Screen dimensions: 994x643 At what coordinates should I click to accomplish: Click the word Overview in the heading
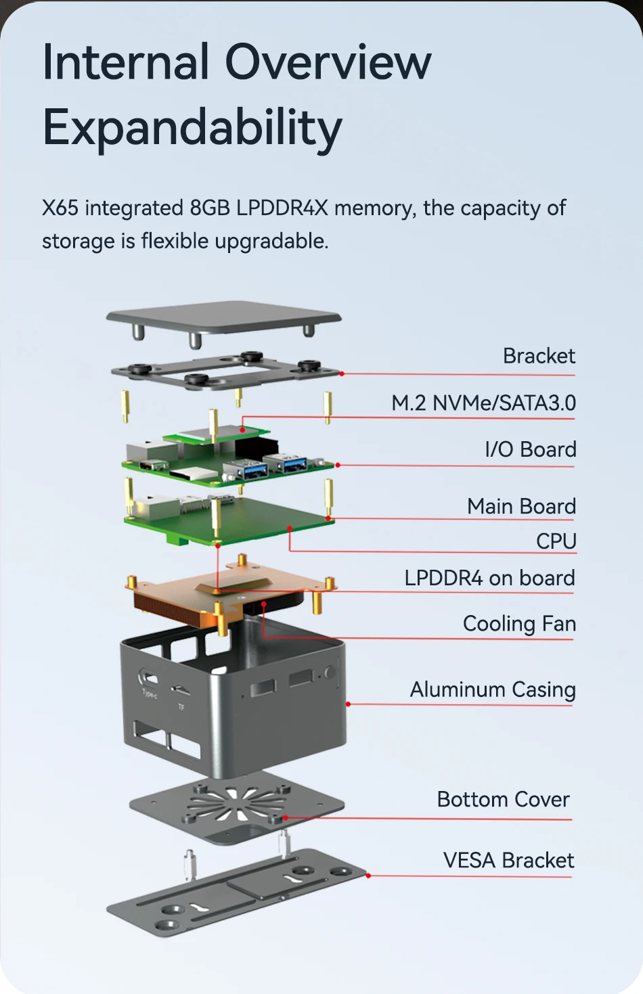(328, 62)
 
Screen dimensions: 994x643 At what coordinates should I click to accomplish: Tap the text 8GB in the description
(210, 208)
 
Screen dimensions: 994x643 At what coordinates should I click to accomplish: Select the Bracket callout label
(539, 356)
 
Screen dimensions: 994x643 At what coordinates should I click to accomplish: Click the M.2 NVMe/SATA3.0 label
(483, 403)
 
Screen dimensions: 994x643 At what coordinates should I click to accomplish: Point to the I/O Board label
(531, 449)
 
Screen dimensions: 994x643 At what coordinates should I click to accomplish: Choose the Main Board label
(521, 506)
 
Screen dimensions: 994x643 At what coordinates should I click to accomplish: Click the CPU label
(556, 541)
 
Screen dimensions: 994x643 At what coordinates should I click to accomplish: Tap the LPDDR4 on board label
(489, 578)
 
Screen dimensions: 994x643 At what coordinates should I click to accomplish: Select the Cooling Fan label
(519, 623)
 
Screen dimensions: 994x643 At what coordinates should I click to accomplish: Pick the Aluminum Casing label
(493, 690)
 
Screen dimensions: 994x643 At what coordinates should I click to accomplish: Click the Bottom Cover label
(503, 799)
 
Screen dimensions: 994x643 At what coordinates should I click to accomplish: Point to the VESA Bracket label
(508, 860)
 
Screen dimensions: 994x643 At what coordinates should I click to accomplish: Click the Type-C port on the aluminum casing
(148, 679)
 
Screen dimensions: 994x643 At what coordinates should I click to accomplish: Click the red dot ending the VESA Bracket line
(368, 876)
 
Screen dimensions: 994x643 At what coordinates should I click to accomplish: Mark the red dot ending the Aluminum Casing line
(348, 704)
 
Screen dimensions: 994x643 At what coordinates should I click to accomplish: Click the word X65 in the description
(60, 208)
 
